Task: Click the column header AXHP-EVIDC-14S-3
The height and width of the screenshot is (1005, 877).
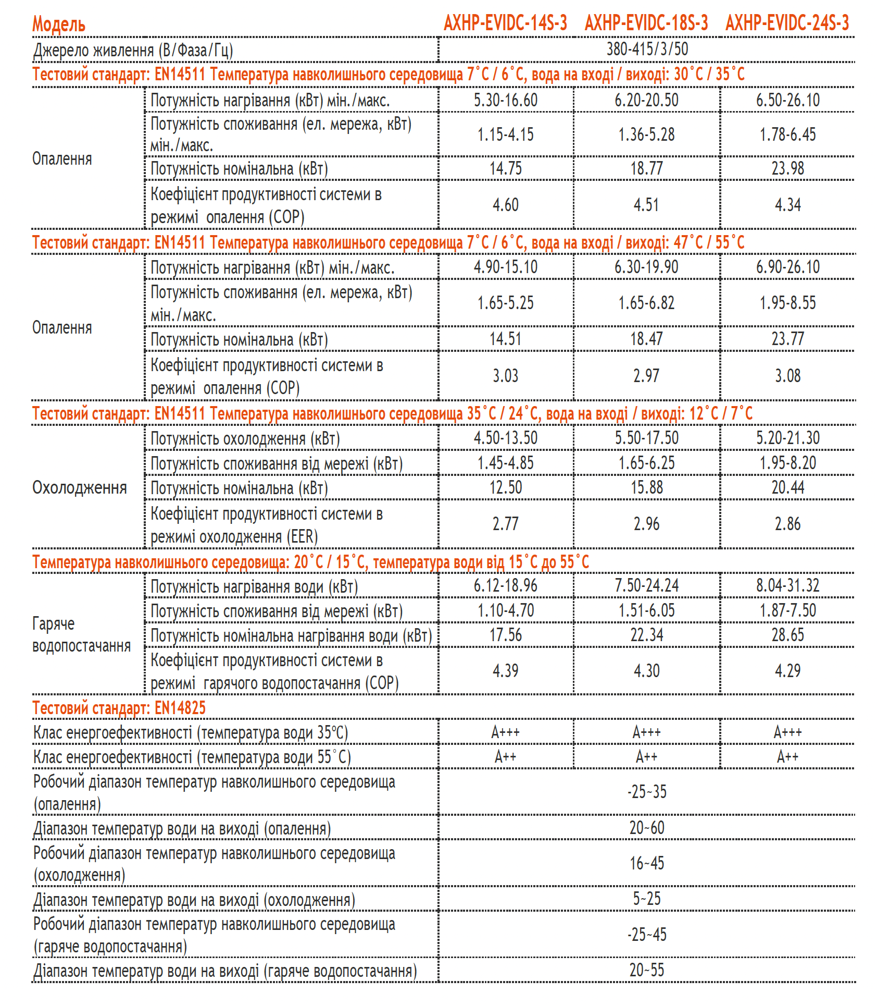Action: click(x=505, y=23)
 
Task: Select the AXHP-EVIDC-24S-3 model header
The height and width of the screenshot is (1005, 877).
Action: click(x=787, y=23)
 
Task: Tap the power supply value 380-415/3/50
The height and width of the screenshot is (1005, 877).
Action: click(x=647, y=49)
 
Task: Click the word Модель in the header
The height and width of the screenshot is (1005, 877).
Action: click(x=59, y=24)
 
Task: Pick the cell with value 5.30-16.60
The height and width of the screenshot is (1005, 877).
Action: click(x=505, y=100)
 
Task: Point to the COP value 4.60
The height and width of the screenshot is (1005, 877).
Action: click(x=505, y=205)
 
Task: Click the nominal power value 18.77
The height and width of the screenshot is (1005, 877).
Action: click(x=646, y=168)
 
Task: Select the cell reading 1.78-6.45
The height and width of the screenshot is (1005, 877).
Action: click(x=787, y=134)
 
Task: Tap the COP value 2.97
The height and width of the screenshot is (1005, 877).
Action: click(x=646, y=376)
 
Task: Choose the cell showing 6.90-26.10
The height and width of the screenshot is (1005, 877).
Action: click(x=787, y=267)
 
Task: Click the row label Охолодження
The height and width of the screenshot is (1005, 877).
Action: click(x=80, y=487)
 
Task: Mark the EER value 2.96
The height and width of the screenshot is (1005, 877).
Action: click(x=646, y=524)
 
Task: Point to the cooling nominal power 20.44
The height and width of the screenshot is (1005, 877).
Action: click(x=787, y=487)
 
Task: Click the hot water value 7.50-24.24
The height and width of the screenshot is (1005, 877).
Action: click(x=646, y=585)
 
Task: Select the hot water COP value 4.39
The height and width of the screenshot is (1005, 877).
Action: click(x=505, y=671)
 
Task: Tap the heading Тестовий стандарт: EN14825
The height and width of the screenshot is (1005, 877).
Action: click(x=119, y=708)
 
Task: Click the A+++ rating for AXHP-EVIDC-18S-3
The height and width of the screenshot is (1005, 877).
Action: click(x=646, y=732)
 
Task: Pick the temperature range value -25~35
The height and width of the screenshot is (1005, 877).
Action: click(x=647, y=792)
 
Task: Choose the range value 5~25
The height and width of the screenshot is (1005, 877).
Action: click(x=647, y=899)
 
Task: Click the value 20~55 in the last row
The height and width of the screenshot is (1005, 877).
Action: click(x=647, y=970)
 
